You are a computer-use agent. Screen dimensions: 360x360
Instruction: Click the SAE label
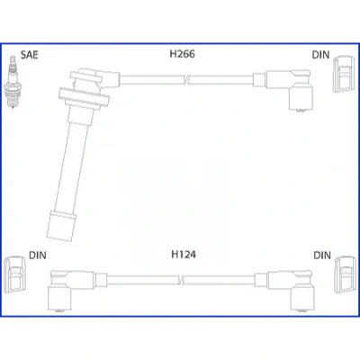point(29,55)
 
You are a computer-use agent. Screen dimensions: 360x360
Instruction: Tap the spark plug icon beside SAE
point(13,82)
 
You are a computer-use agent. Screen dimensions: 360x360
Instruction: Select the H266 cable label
point(182,54)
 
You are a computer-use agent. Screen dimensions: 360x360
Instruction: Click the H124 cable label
point(184,255)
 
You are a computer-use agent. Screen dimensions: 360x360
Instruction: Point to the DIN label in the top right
point(320,55)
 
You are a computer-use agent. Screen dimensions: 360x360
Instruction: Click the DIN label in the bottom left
point(38,256)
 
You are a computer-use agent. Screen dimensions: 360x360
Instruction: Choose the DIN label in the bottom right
point(322,256)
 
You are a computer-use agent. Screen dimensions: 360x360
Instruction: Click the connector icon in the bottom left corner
point(15,274)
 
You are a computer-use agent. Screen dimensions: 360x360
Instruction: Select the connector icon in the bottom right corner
point(346,274)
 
